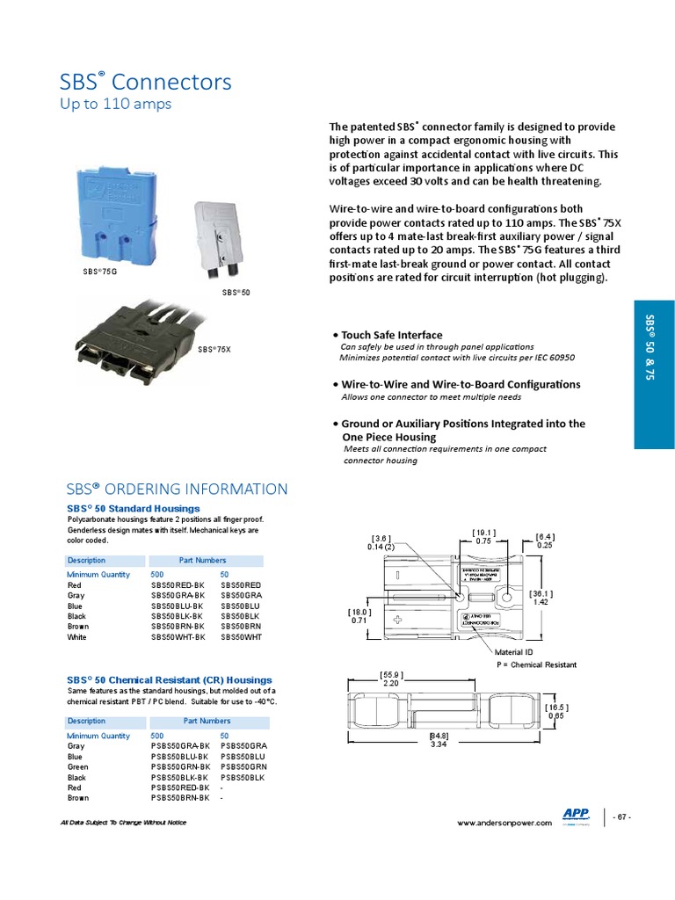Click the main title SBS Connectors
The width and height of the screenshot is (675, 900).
click(x=146, y=83)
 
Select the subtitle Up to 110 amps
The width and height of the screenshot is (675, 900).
click(x=115, y=105)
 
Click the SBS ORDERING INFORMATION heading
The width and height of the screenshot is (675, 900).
click(x=178, y=490)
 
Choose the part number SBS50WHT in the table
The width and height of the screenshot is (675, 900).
click(x=242, y=637)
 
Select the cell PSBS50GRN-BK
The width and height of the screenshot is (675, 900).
click(x=180, y=767)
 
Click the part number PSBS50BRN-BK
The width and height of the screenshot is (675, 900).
click(x=180, y=798)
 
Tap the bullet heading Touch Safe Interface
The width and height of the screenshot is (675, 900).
click(x=391, y=335)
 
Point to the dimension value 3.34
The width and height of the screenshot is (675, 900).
click(x=439, y=744)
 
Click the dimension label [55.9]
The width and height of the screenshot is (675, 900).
click(x=391, y=674)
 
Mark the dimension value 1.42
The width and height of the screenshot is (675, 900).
click(x=541, y=602)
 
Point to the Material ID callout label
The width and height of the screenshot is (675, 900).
click(x=515, y=652)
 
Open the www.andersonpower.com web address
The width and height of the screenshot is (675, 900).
click(x=504, y=823)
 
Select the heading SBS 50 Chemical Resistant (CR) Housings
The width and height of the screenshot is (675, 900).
click(x=170, y=679)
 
